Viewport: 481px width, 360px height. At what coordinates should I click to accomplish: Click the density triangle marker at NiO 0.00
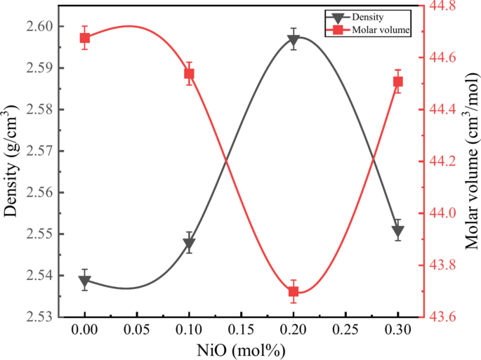(x=85, y=282)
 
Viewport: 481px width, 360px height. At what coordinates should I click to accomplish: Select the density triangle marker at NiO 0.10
(x=189, y=244)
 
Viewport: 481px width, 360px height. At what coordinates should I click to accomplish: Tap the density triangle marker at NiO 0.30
(x=397, y=231)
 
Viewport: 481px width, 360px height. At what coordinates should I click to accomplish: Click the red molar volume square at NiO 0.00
(x=85, y=38)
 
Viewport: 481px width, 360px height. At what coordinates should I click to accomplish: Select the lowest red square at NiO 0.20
(x=294, y=291)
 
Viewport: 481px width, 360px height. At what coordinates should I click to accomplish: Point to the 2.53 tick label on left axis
(x=43, y=316)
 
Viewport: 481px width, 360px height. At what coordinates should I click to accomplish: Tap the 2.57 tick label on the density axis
(x=43, y=151)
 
